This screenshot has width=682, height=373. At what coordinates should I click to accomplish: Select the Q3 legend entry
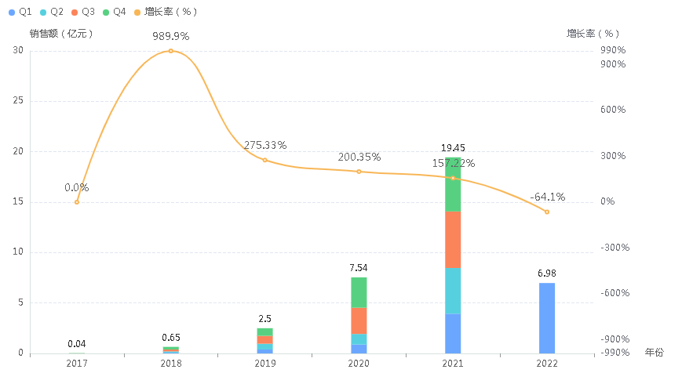click(83, 13)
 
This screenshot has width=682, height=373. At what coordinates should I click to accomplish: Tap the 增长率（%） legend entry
click(166, 13)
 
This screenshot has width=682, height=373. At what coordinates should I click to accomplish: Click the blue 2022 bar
click(547, 317)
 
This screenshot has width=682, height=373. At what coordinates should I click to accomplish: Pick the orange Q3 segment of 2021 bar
click(453, 239)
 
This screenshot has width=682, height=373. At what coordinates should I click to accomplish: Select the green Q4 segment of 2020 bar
click(359, 292)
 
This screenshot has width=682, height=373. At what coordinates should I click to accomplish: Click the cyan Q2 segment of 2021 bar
click(453, 290)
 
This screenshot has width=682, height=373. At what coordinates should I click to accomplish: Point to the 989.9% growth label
click(170, 37)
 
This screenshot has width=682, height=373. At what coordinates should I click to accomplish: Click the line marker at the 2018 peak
click(170, 51)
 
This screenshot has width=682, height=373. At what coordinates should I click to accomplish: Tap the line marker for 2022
click(547, 212)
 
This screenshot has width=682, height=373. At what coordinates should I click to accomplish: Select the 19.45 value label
click(453, 148)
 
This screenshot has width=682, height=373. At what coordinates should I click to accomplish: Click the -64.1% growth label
click(546, 197)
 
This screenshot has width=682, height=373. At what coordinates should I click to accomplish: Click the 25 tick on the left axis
click(18, 101)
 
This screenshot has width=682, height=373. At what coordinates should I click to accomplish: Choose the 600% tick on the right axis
click(612, 110)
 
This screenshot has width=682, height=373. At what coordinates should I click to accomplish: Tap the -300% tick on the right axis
click(611, 248)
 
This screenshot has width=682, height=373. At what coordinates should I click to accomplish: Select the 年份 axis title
click(653, 353)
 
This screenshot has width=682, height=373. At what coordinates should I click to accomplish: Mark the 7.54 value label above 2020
click(359, 268)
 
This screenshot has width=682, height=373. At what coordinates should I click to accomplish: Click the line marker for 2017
click(77, 202)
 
